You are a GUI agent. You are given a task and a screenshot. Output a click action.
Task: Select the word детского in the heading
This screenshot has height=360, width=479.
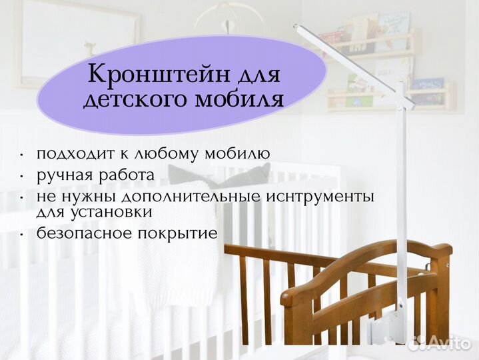133,100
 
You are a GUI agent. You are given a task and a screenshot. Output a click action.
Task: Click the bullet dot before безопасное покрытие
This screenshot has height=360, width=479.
23,234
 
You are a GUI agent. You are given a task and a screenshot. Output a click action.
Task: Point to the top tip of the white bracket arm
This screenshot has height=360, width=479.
296,27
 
